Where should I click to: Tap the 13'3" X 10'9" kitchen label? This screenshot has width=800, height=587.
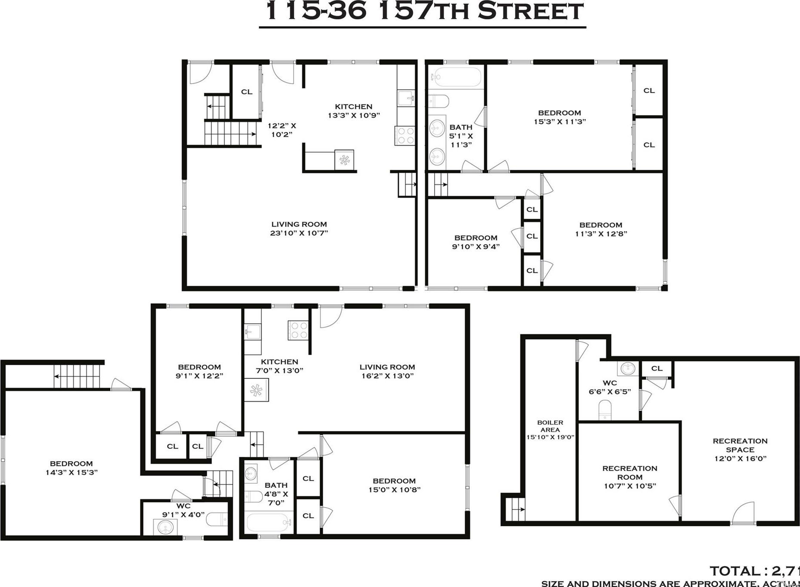(354, 111)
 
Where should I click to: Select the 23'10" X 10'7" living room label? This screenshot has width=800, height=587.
(299, 228)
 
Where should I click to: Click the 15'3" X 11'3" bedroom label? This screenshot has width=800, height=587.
(560, 117)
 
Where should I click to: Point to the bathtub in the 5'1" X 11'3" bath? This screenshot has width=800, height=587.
(457, 77)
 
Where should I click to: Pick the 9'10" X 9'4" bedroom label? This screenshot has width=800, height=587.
(476, 242)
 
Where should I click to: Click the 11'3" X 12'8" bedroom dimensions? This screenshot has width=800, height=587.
(601, 234)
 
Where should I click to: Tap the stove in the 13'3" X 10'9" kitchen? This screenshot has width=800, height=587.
(405, 135)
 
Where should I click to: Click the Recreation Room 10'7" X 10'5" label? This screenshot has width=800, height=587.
(630, 477)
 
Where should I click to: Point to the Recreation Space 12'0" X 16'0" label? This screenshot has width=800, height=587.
(740, 450)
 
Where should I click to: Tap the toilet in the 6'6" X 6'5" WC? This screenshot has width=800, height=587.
(605, 409)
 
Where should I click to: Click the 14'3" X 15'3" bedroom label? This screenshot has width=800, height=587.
(72, 468)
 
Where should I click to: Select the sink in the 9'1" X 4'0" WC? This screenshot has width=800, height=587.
(165, 527)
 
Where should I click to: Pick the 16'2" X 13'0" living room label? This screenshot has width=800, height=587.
(387, 371)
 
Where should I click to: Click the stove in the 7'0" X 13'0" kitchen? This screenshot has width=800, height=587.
(298, 330)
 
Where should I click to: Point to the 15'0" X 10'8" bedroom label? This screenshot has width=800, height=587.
(394, 485)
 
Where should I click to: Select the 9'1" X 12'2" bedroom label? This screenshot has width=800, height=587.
(199, 371)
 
